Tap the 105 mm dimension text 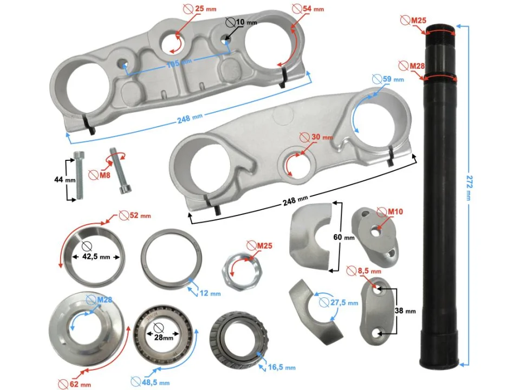[x=179, y=63]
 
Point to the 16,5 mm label [x=282, y=367]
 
